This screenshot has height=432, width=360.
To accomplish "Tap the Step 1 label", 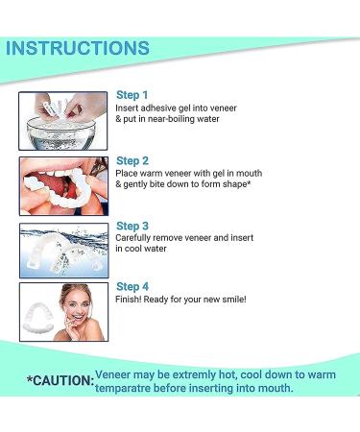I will tap(132, 95).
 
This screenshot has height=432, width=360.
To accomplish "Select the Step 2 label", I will tap(132, 160).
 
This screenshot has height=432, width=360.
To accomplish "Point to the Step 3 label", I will tap(132, 226).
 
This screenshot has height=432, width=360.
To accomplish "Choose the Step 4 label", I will tap(132, 286).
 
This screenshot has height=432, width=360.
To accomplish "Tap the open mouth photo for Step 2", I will tap(62, 185).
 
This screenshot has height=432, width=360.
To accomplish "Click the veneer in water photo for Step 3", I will tap(62, 248).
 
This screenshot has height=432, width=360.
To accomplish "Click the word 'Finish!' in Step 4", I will tap(130, 300).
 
